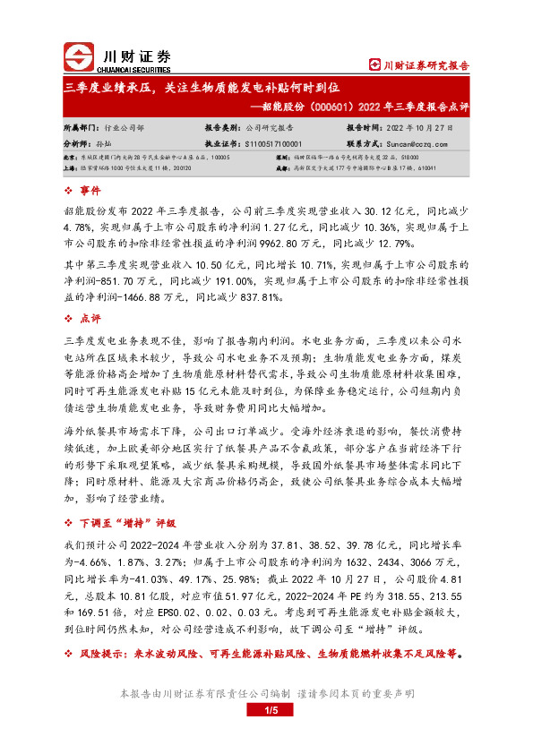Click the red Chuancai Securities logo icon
(78, 57)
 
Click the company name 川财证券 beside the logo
(128, 53)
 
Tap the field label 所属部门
(81, 128)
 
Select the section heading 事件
(90, 191)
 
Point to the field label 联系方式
(365, 142)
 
